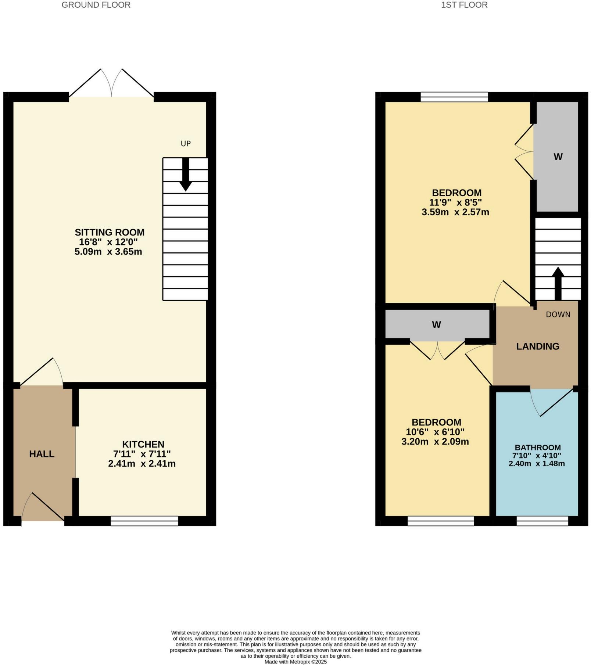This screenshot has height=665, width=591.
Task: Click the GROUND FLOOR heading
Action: (96, 5)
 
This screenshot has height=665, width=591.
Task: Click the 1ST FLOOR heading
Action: (464, 5)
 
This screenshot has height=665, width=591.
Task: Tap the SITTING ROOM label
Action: (110, 232)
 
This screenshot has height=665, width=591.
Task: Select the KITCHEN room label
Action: (143, 444)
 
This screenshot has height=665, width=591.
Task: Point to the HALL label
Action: (42, 454)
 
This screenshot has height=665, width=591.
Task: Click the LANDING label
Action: (538, 346)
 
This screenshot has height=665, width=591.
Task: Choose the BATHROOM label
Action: (538, 447)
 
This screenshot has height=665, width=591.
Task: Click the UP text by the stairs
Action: (186, 144)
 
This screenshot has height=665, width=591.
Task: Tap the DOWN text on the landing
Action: (558, 314)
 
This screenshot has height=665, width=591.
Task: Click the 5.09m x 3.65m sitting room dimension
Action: (108, 252)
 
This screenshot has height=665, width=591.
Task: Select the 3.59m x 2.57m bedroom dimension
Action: (455, 212)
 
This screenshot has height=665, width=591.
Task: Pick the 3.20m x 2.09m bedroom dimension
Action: (435, 442)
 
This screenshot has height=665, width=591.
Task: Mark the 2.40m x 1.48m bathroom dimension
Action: (537, 464)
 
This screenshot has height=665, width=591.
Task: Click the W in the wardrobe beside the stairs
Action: (558, 157)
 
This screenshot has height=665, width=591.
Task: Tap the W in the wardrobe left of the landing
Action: (436, 325)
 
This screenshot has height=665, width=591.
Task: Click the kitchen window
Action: (144, 521)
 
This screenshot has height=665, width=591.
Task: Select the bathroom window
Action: (542, 521)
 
